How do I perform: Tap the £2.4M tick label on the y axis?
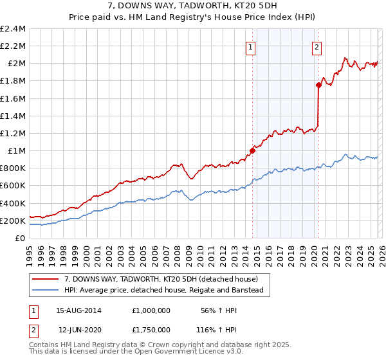tap(14, 29)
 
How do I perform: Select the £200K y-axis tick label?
tap(14, 221)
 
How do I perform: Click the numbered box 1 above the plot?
tap(250, 46)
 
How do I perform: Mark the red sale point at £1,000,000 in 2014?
tap(252, 151)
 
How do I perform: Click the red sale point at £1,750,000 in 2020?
tap(318, 85)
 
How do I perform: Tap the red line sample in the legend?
tap(46, 279)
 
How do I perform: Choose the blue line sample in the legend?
tap(46, 290)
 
